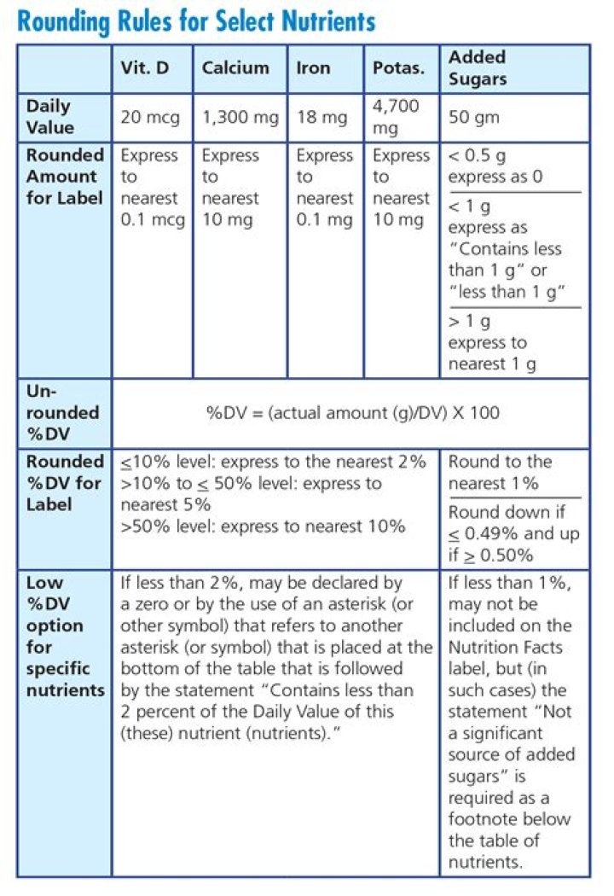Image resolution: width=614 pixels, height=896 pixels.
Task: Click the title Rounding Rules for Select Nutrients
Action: pos(196,20)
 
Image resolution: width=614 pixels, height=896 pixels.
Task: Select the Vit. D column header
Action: pos(145,68)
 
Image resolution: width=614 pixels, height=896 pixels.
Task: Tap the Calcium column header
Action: pos(235,68)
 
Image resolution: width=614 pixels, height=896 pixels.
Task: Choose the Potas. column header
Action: pos(398,68)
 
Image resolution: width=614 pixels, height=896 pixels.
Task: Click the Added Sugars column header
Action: pos(478,68)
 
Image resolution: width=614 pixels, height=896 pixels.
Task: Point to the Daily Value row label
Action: pos(50,118)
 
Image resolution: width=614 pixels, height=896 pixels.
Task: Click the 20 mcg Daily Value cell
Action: pos(150,118)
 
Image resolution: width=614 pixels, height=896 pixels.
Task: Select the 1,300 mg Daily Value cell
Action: pos(240,118)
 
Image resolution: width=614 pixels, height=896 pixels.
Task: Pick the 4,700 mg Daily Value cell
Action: pos(397,118)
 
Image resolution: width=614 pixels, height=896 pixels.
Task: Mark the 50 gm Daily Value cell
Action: pos(474,118)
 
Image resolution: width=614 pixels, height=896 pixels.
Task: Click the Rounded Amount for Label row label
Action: pos(64,177)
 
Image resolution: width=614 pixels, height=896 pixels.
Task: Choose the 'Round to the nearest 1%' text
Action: pos(500,472)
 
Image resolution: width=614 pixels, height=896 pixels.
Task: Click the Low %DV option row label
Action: pos(64,637)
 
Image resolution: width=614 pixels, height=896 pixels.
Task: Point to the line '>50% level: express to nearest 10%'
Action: pos(263,526)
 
